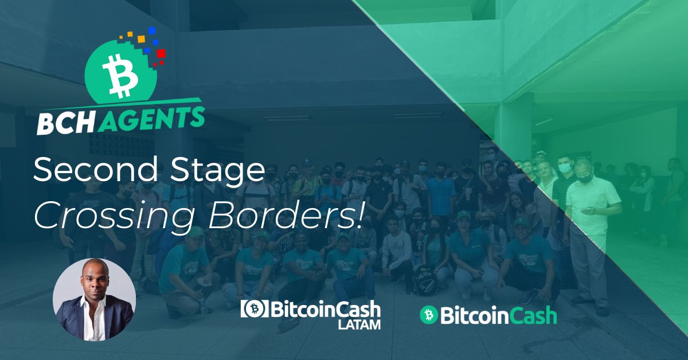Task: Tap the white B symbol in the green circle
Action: pyautogui.click(x=120, y=77)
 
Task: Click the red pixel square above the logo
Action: pyautogui.click(x=161, y=54)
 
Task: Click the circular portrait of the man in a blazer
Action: pyautogui.click(x=93, y=300)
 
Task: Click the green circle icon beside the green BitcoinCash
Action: pyautogui.click(x=428, y=315)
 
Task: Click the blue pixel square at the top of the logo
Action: pyautogui.click(x=152, y=31)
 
